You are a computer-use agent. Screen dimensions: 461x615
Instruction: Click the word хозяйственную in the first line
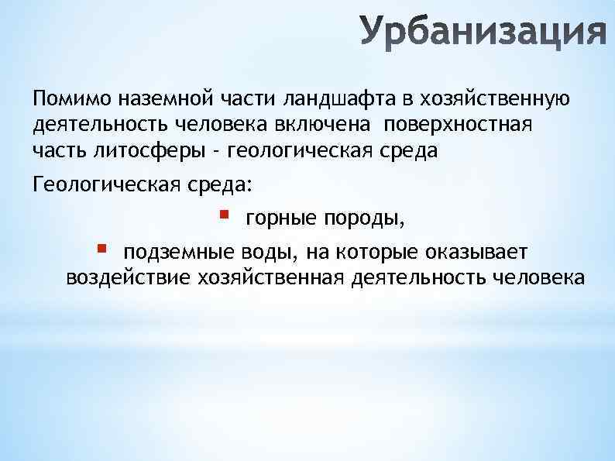click(486, 99)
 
